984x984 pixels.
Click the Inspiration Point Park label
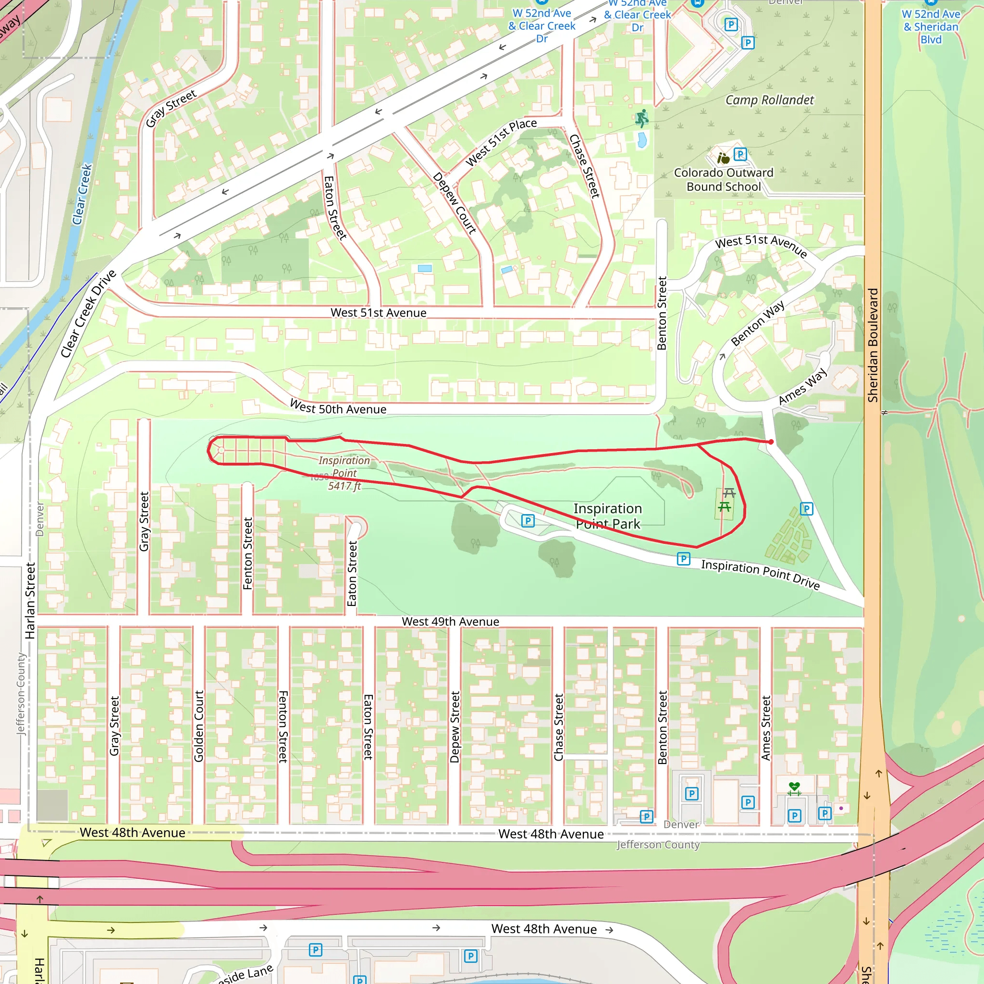click(608, 516)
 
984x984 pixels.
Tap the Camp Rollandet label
click(769, 100)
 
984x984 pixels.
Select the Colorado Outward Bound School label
click(723, 180)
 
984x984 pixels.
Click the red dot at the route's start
click(771, 442)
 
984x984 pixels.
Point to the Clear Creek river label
click(82, 194)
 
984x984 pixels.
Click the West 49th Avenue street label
click(450, 621)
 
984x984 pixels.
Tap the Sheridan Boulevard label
click(873, 345)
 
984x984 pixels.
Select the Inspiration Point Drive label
click(760, 574)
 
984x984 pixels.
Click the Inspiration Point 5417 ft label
click(344, 473)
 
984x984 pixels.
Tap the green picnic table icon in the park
click(724, 506)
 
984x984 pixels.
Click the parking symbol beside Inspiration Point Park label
click(528, 520)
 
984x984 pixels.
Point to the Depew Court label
click(455, 203)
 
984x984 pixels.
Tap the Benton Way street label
click(757, 323)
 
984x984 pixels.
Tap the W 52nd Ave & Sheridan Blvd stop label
click(931, 26)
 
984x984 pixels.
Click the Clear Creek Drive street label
click(88, 314)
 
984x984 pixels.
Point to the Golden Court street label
click(198, 726)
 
